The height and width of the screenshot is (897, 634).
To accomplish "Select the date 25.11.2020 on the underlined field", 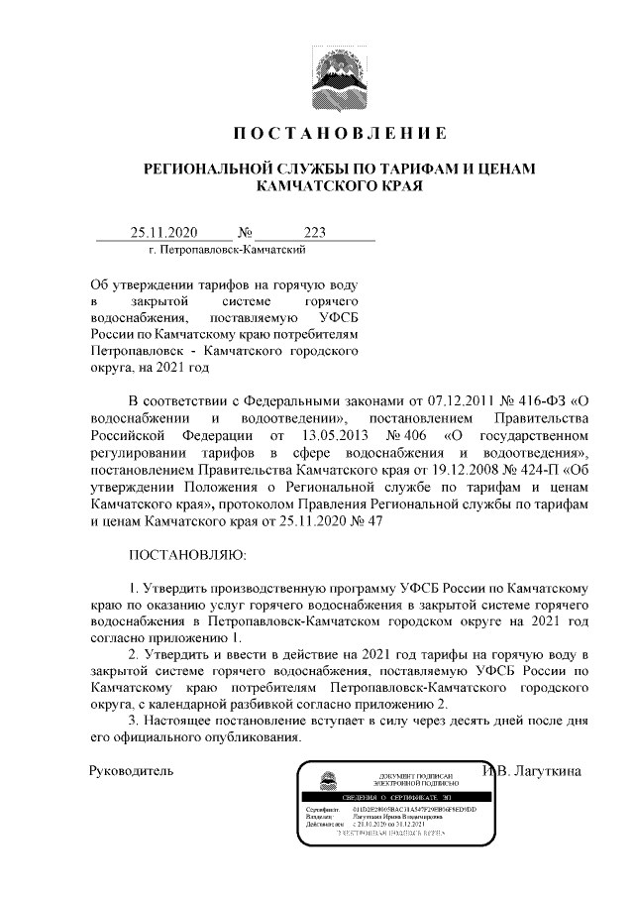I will (x=164, y=233).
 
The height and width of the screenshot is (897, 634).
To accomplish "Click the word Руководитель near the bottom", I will (x=131, y=770).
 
